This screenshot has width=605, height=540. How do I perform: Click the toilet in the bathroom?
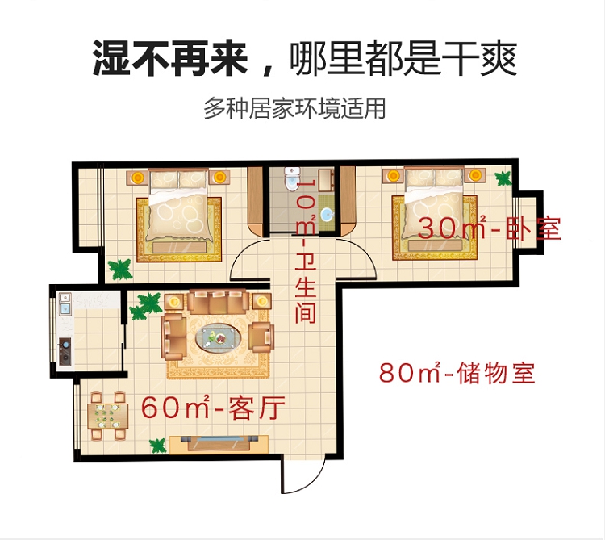click(x=290, y=179)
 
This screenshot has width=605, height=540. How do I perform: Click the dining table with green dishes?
click(x=107, y=416)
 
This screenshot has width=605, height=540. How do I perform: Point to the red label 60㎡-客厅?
click(x=213, y=408)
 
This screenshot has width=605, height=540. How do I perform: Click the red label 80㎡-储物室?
click(x=457, y=373)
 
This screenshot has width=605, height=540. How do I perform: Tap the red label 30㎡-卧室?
click(x=489, y=228)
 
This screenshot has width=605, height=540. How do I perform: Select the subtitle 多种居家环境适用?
click(x=294, y=108)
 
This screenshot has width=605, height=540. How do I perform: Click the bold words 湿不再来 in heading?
click(x=170, y=58)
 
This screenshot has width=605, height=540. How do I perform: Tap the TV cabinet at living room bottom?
click(x=219, y=444)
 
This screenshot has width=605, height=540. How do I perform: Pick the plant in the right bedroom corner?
click(x=503, y=178)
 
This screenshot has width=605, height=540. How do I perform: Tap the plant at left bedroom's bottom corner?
click(x=120, y=270)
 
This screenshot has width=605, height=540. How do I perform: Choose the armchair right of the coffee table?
click(x=261, y=337)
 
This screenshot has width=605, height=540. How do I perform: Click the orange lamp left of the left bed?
click(x=137, y=178)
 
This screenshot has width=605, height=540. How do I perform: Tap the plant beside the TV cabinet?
click(x=158, y=446)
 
